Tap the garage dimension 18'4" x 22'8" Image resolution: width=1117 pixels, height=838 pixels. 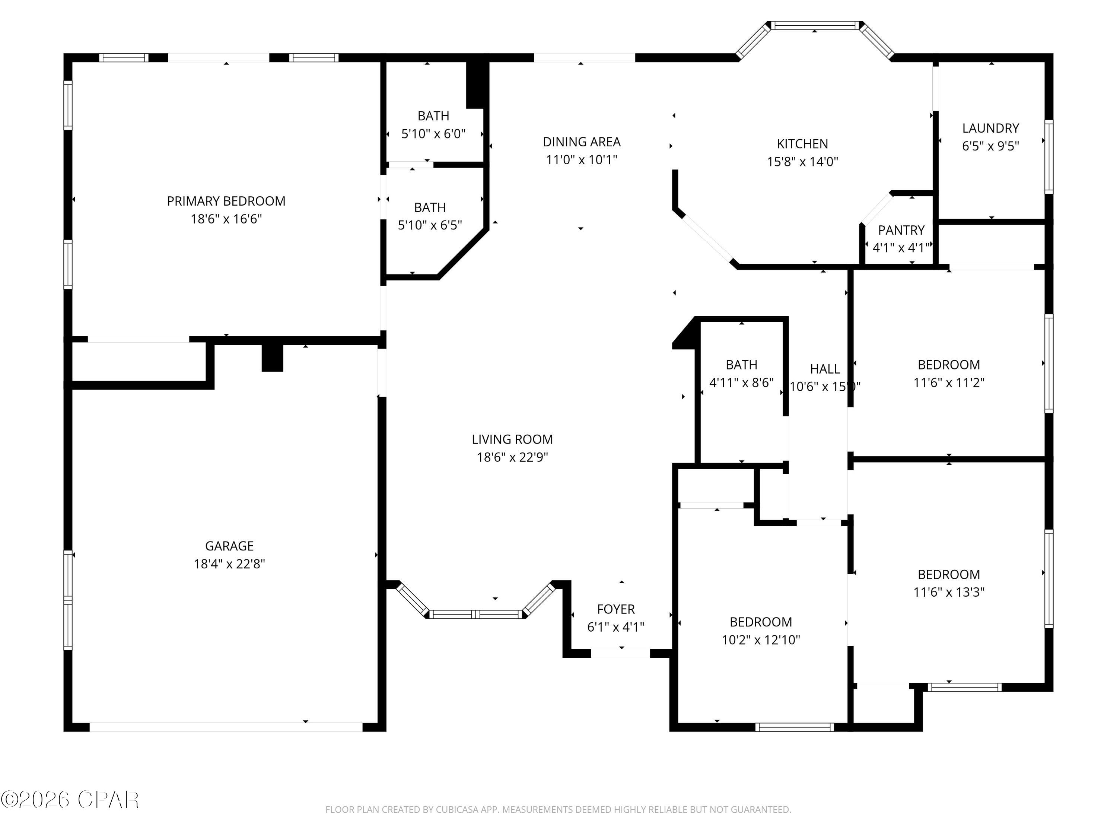(x=229, y=564)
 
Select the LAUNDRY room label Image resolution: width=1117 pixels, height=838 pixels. (x=990, y=128)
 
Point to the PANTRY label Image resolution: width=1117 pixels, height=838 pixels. (x=901, y=230)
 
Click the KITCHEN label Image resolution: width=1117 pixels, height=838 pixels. (x=802, y=144)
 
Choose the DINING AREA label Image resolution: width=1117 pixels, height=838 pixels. (x=581, y=142)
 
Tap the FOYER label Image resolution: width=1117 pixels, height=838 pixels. (x=615, y=609)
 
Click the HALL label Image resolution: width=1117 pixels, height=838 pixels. (x=825, y=369)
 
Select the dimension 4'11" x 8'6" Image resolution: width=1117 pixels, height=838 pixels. (x=741, y=383)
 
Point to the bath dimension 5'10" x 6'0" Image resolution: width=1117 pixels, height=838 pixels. (x=433, y=134)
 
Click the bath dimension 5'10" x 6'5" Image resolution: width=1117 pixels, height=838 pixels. (x=430, y=225)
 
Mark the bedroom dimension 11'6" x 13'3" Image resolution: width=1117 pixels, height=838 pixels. (x=948, y=592)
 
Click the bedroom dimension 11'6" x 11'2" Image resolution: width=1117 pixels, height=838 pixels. (x=948, y=383)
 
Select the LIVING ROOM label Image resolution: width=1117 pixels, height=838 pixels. (x=512, y=439)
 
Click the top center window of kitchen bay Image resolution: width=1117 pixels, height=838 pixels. (x=815, y=25)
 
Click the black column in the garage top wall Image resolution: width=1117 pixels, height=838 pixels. (x=272, y=357)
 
